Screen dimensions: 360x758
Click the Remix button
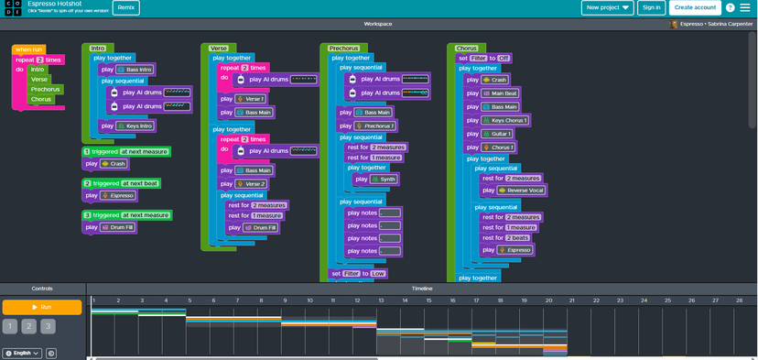(x=126, y=7)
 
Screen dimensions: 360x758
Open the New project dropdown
(x=607, y=7)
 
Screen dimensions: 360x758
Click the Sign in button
(x=651, y=7)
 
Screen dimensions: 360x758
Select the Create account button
(x=695, y=7)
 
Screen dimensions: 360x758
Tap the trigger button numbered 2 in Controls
(x=28, y=326)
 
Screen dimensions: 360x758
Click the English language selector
(x=22, y=353)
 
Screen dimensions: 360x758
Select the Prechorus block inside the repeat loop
(x=45, y=89)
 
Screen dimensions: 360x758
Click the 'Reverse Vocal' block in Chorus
(x=520, y=190)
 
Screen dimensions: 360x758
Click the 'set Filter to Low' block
(x=358, y=273)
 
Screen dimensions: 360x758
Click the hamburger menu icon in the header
(x=745, y=7)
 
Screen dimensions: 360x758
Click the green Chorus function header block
(x=467, y=48)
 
